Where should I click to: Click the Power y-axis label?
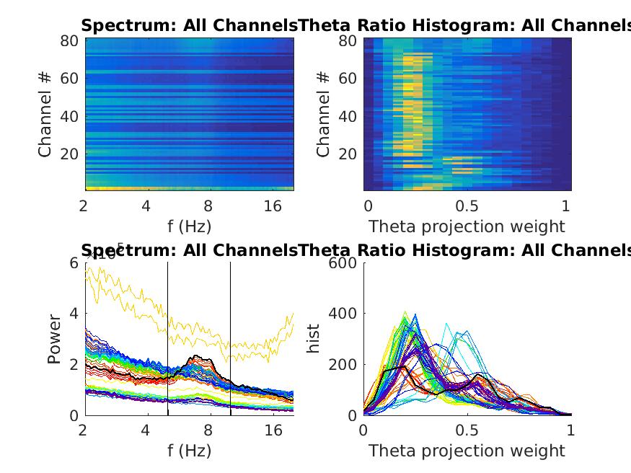(x=55, y=338)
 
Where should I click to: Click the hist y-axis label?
(x=314, y=338)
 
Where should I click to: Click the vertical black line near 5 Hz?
(x=167, y=339)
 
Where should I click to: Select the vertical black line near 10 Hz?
(x=231, y=339)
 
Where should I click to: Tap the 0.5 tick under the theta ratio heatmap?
(x=467, y=206)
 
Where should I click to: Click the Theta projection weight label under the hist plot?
(x=467, y=451)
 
